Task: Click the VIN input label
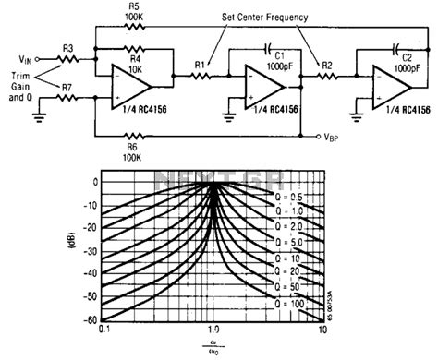[30, 57]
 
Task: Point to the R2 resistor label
[326, 66]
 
